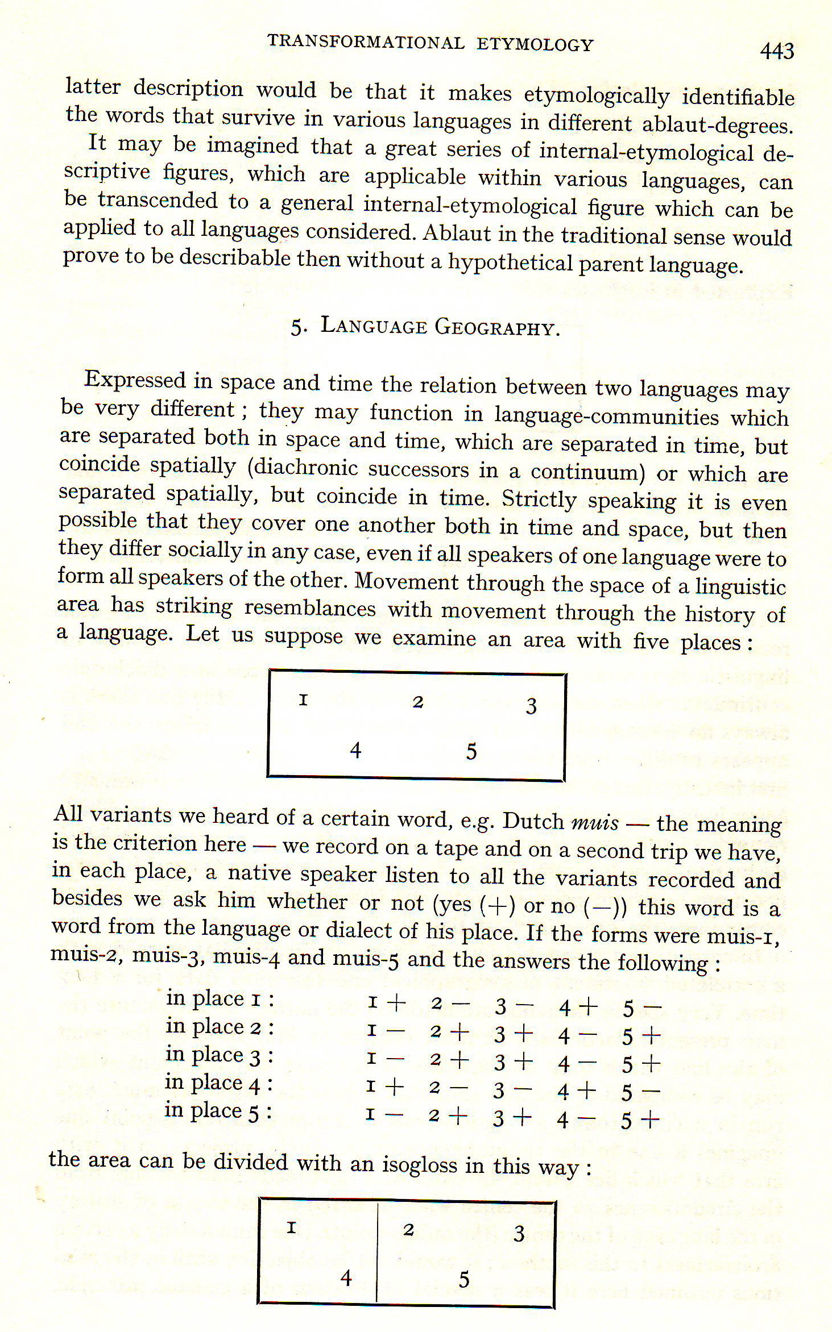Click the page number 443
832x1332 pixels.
(777, 51)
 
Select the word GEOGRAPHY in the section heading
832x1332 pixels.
(497, 328)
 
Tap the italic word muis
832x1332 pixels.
(594, 822)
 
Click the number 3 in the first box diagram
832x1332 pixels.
(531, 706)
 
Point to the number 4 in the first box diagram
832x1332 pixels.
(355, 751)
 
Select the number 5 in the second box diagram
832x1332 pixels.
(464, 1279)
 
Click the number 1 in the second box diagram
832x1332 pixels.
(292, 1228)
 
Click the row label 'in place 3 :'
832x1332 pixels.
(220, 1055)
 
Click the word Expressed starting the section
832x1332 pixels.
(135, 380)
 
